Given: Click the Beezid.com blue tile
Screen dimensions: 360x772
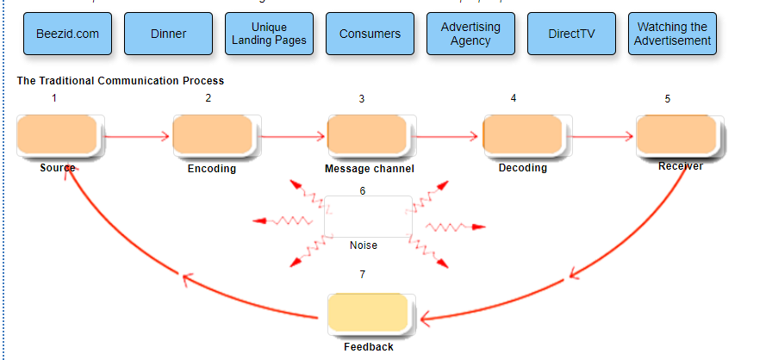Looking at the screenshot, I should (68, 34).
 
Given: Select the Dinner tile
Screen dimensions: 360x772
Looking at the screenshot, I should (168, 34).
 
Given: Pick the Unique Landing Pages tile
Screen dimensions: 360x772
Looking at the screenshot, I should (269, 34).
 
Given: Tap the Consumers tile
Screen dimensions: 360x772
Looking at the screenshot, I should (370, 34).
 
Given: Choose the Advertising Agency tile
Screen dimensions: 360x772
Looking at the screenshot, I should (470, 34).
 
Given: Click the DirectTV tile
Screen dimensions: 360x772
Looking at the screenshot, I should (571, 34).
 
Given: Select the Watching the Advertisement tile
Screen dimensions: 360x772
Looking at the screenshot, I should (672, 34).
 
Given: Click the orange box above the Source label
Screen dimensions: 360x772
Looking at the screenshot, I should (58, 135).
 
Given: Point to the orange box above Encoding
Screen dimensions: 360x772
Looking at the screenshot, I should (213, 135).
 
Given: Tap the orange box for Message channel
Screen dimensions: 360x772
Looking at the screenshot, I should (368, 135).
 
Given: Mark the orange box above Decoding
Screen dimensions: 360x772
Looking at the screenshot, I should (523, 135).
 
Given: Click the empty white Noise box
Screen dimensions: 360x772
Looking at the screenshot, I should (368, 216).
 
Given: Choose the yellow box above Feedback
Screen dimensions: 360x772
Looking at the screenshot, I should (369, 314).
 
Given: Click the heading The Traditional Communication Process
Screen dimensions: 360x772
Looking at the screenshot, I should (121, 81).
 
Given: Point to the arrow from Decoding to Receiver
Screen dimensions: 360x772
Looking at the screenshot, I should (601, 136).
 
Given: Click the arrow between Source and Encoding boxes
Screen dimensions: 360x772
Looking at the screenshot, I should (137, 136).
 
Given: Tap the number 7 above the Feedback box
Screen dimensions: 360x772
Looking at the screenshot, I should (363, 275).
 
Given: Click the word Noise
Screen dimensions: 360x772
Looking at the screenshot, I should (364, 245).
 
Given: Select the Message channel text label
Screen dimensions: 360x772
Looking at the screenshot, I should (369, 169).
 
